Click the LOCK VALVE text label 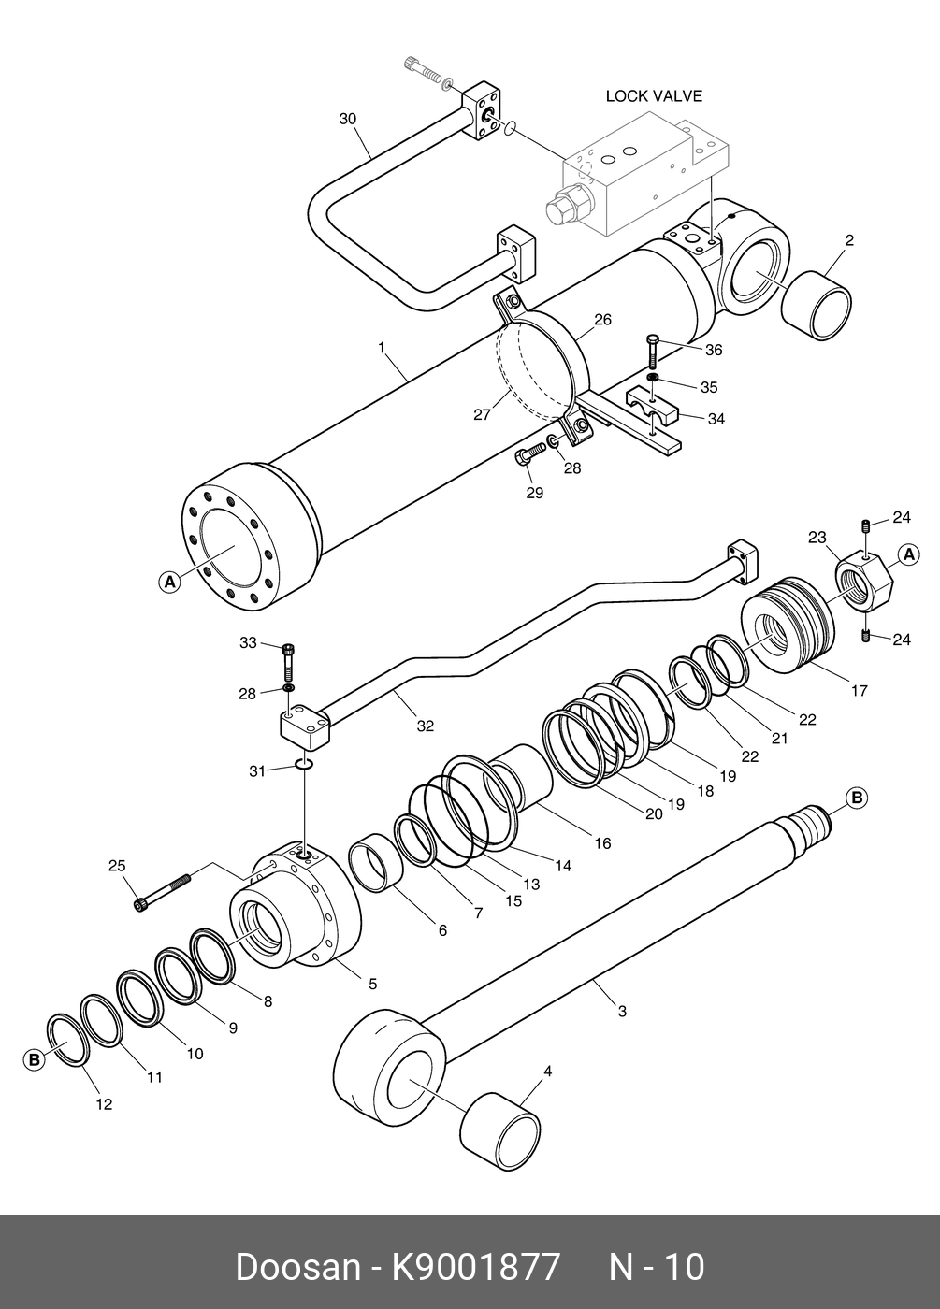coord(653,96)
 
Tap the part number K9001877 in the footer coord(474,1267)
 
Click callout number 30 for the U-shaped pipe coord(348,119)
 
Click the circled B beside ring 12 coord(35,1060)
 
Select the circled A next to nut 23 coord(907,555)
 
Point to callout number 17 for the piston coord(859,691)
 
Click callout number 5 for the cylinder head coord(372,984)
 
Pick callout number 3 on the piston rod coord(622,1011)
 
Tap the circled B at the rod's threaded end coord(857,798)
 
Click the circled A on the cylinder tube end coord(168,582)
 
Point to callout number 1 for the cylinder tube coord(382,348)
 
